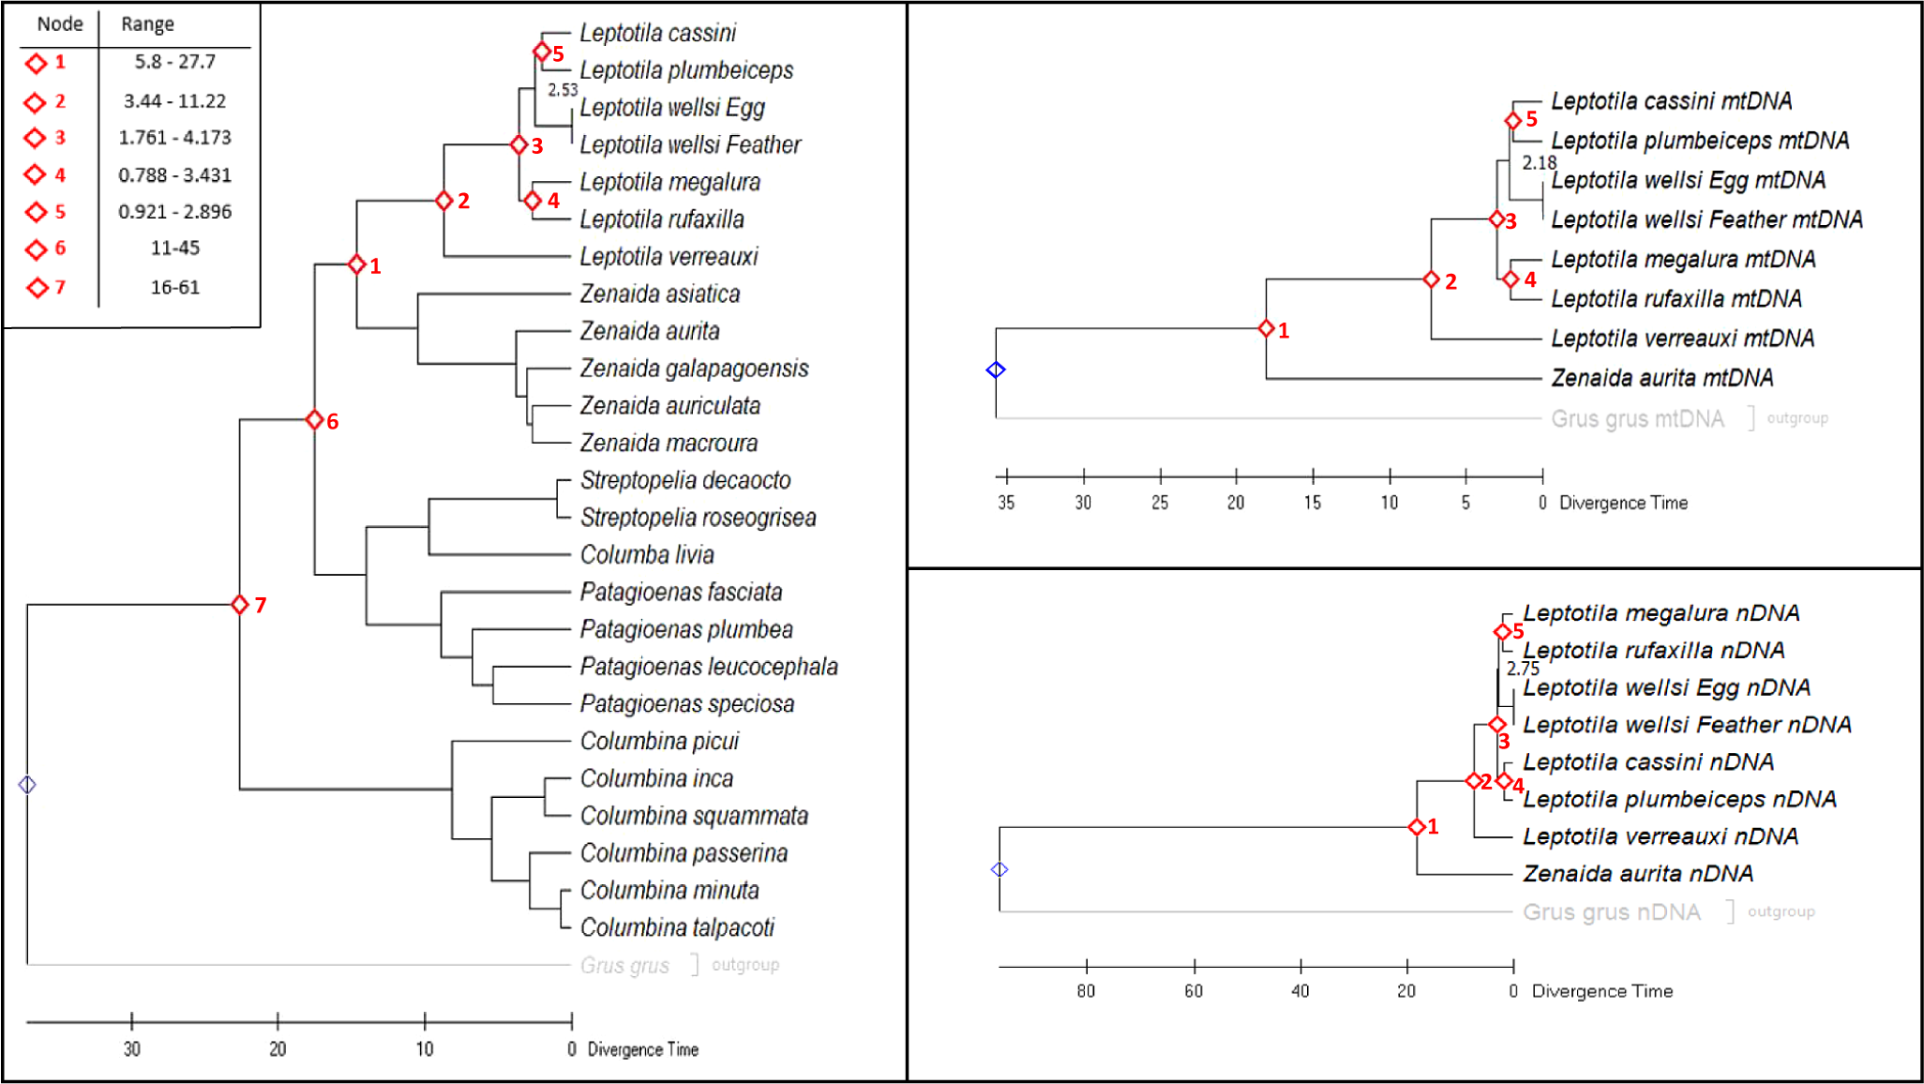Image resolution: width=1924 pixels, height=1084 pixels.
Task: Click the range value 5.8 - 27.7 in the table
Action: click(174, 62)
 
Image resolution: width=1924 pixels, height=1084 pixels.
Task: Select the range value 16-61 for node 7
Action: click(174, 287)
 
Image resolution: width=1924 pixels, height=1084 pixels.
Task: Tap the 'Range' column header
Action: click(147, 24)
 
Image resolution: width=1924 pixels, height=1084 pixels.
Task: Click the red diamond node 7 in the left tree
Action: click(240, 605)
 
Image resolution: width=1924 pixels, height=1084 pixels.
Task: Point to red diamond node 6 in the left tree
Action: click(315, 420)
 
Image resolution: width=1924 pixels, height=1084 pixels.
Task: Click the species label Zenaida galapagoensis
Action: click(694, 369)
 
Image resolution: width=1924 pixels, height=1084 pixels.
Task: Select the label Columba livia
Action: click(647, 555)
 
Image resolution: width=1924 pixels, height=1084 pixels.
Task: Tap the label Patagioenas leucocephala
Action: click(709, 667)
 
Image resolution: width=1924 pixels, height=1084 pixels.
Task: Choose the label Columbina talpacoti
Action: click(677, 927)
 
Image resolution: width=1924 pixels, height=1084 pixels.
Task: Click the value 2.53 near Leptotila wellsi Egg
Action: click(563, 90)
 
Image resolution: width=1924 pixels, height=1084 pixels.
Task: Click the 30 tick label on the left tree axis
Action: click(132, 1048)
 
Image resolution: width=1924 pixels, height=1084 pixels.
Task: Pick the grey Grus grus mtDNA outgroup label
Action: click(1637, 419)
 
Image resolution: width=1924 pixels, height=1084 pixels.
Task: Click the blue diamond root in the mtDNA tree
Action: click(996, 369)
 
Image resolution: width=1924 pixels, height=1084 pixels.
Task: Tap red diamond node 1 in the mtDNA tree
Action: click(1266, 328)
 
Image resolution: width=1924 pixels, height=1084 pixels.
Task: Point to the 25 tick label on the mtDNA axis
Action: click(1160, 503)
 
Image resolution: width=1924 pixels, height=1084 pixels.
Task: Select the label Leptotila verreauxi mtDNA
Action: click(1682, 339)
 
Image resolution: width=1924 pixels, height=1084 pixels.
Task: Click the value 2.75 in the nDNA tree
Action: click(1523, 669)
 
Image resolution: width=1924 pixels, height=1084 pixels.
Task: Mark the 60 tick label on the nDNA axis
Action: click(1194, 991)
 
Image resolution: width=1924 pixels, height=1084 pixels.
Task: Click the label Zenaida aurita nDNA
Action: click(1637, 874)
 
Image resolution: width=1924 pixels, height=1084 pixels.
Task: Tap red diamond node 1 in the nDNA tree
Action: click(1417, 826)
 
